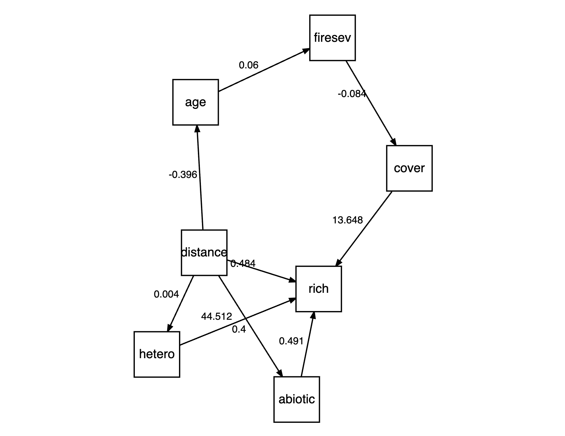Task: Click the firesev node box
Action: tap(332, 38)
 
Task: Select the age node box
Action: tap(196, 102)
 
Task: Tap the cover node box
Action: tap(409, 168)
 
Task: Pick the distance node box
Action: tap(204, 252)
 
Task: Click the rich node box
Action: tap(319, 289)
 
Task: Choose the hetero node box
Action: tap(157, 354)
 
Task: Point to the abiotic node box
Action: tap(297, 399)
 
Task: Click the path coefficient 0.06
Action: tap(248, 65)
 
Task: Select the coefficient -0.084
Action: tap(352, 94)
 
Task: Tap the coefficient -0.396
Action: tap(183, 175)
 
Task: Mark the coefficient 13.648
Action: tap(348, 220)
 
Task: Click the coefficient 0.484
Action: tap(243, 263)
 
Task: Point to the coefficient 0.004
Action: tap(166, 294)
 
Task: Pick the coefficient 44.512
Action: tap(216, 316)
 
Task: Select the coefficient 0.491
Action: tap(291, 341)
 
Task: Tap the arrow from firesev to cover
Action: tap(371, 103)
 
